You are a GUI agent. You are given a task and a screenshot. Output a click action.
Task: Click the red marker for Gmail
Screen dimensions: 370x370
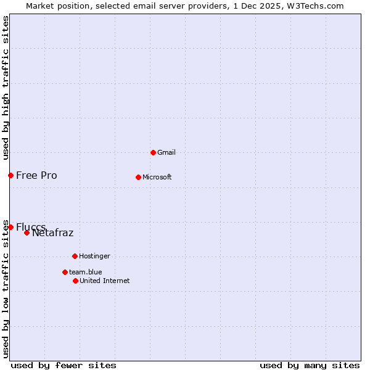tap(153, 152)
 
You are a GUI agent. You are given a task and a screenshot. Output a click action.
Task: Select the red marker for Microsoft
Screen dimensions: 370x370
tap(138, 177)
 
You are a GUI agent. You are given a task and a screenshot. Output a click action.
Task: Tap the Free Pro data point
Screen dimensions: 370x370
tap(10, 175)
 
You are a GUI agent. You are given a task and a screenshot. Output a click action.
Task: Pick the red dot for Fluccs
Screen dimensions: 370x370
tap(10, 227)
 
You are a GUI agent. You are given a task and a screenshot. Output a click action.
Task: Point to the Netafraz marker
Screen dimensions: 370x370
tap(27, 232)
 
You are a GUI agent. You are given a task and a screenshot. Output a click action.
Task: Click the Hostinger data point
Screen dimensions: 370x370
tap(75, 256)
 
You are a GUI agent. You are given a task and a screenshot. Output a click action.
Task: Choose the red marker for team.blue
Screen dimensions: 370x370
tap(65, 272)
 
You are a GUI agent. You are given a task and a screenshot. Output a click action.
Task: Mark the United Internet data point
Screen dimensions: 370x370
tap(75, 281)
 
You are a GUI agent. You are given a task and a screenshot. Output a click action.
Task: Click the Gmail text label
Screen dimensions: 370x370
tap(166, 152)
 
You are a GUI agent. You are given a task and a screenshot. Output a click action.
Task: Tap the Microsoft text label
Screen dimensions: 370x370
tap(157, 177)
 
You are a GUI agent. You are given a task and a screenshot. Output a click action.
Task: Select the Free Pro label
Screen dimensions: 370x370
tap(36, 175)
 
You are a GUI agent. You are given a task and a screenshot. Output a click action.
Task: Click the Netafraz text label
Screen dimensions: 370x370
tap(52, 232)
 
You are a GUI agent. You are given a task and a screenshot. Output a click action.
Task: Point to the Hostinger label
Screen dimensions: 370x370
tap(94, 256)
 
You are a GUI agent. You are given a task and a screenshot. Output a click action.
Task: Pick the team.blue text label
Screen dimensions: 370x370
tap(86, 272)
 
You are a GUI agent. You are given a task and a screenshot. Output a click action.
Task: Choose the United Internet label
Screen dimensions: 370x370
tap(105, 281)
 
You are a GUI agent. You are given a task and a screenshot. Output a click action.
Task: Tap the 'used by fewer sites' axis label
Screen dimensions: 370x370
tap(64, 365)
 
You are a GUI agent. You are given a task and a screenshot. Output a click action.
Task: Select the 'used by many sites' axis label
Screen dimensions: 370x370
tap(310, 365)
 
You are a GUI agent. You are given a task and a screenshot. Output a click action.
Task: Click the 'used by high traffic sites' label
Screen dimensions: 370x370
tap(6, 88)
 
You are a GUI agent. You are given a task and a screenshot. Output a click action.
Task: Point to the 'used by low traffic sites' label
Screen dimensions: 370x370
tap(6, 289)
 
